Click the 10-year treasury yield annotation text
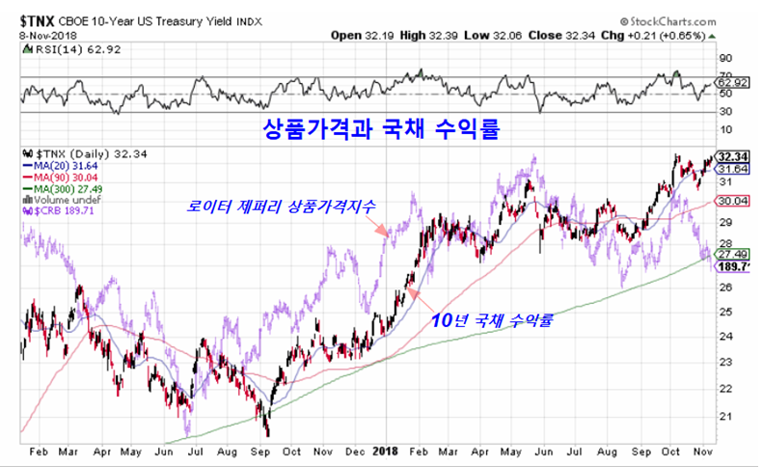point(492,321)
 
